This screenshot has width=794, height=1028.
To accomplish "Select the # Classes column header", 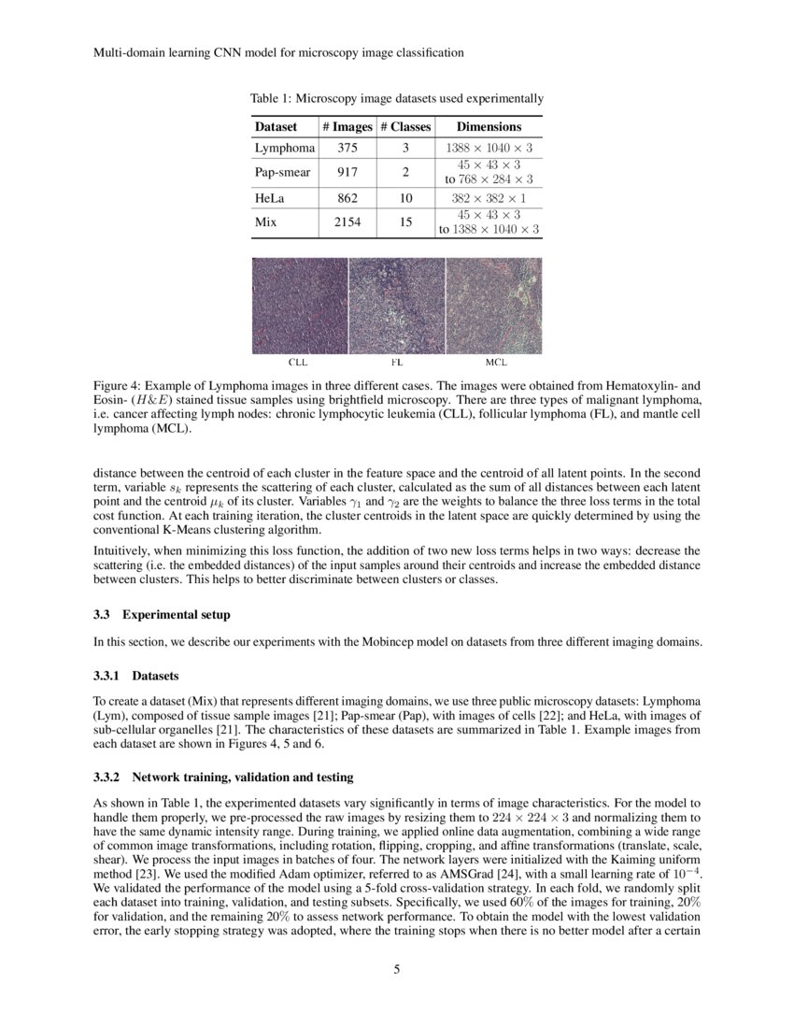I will click(x=405, y=126).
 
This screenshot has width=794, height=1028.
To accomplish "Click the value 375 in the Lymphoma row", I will click(x=347, y=148).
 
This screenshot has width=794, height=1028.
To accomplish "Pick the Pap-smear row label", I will click(x=284, y=172).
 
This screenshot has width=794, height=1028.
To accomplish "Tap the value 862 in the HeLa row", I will click(x=347, y=198).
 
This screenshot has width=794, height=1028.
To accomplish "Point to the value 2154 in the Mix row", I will click(x=347, y=222).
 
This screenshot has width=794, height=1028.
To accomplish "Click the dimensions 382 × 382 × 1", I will click(x=489, y=198).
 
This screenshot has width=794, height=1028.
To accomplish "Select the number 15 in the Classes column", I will click(x=405, y=222).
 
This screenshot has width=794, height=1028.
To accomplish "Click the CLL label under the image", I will click(x=298, y=362).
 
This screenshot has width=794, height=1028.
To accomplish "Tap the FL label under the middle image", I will click(x=396, y=362).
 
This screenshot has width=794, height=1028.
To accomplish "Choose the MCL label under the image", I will click(x=495, y=362).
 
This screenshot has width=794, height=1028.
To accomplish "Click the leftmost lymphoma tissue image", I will click(x=299, y=305).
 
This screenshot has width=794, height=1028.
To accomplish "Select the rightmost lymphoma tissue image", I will click(x=494, y=305).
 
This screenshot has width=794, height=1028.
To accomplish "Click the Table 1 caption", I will click(x=396, y=98).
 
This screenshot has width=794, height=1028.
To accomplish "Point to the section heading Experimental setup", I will click(x=176, y=615).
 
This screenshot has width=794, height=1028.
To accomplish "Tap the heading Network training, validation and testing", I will click(x=242, y=778).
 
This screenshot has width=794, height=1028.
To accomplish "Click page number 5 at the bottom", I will click(x=397, y=969).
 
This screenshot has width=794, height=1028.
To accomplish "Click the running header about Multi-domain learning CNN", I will click(x=278, y=53).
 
